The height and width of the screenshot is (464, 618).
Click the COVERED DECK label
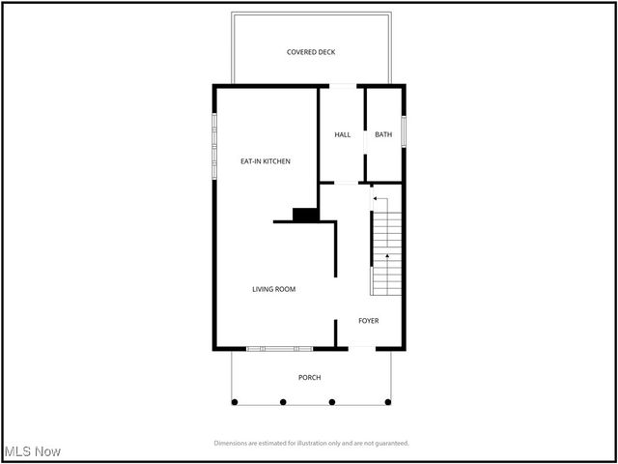(311, 52)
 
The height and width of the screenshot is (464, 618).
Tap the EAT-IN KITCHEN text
(266, 161)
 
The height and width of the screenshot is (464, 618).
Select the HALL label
(343, 134)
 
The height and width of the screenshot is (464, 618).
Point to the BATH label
(383, 134)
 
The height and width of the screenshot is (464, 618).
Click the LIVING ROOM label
(273, 289)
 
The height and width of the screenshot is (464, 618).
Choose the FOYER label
(369, 320)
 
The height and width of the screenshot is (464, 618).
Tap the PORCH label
(309, 377)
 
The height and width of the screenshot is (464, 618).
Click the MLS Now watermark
(33, 451)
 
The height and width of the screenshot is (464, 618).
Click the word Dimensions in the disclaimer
(233, 443)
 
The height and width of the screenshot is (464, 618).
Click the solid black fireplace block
(306, 215)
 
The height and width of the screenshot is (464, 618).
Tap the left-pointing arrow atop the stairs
(377, 198)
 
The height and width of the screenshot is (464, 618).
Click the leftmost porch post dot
(233, 401)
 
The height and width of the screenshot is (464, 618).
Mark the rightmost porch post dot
(388, 401)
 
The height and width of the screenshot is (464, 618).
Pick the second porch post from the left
(283, 401)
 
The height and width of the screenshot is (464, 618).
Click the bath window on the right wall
(404, 130)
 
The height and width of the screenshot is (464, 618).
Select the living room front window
(279, 348)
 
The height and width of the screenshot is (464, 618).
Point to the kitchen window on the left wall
(214, 146)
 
